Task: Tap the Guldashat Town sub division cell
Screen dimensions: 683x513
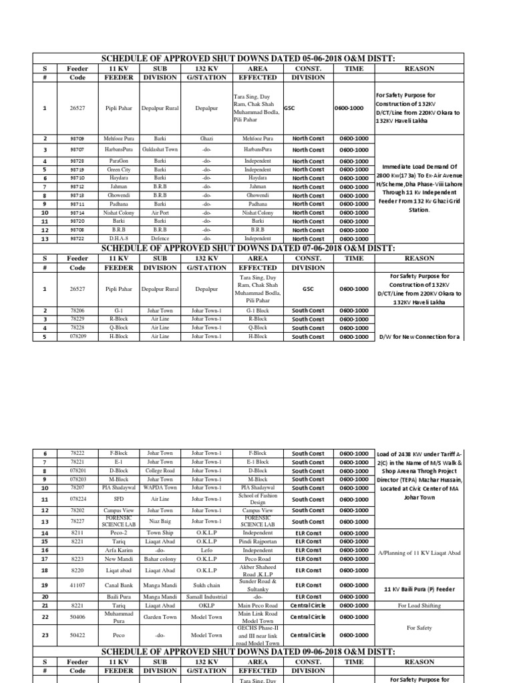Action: [x=160, y=149]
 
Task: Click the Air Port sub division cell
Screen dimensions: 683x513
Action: [x=160, y=213]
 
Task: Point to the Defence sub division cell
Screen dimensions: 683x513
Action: [x=160, y=238]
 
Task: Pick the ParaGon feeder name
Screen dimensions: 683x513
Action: [x=118, y=161]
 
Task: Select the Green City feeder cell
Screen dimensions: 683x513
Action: [x=118, y=170]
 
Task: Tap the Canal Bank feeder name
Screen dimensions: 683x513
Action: [x=118, y=585]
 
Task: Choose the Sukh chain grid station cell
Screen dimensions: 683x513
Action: [x=206, y=585]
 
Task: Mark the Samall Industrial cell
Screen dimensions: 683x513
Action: [x=206, y=596]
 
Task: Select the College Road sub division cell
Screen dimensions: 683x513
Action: [x=160, y=470]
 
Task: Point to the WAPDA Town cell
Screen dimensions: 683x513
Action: [x=160, y=488]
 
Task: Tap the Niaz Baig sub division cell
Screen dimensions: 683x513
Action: [x=160, y=522]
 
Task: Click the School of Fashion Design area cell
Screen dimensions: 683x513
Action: [x=258, y=499]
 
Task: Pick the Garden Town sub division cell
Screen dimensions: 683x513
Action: [x=160, y=617]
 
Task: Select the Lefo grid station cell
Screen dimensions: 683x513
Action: [x=206, y=550]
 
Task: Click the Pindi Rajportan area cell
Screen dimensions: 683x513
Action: [x=258, y=542]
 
